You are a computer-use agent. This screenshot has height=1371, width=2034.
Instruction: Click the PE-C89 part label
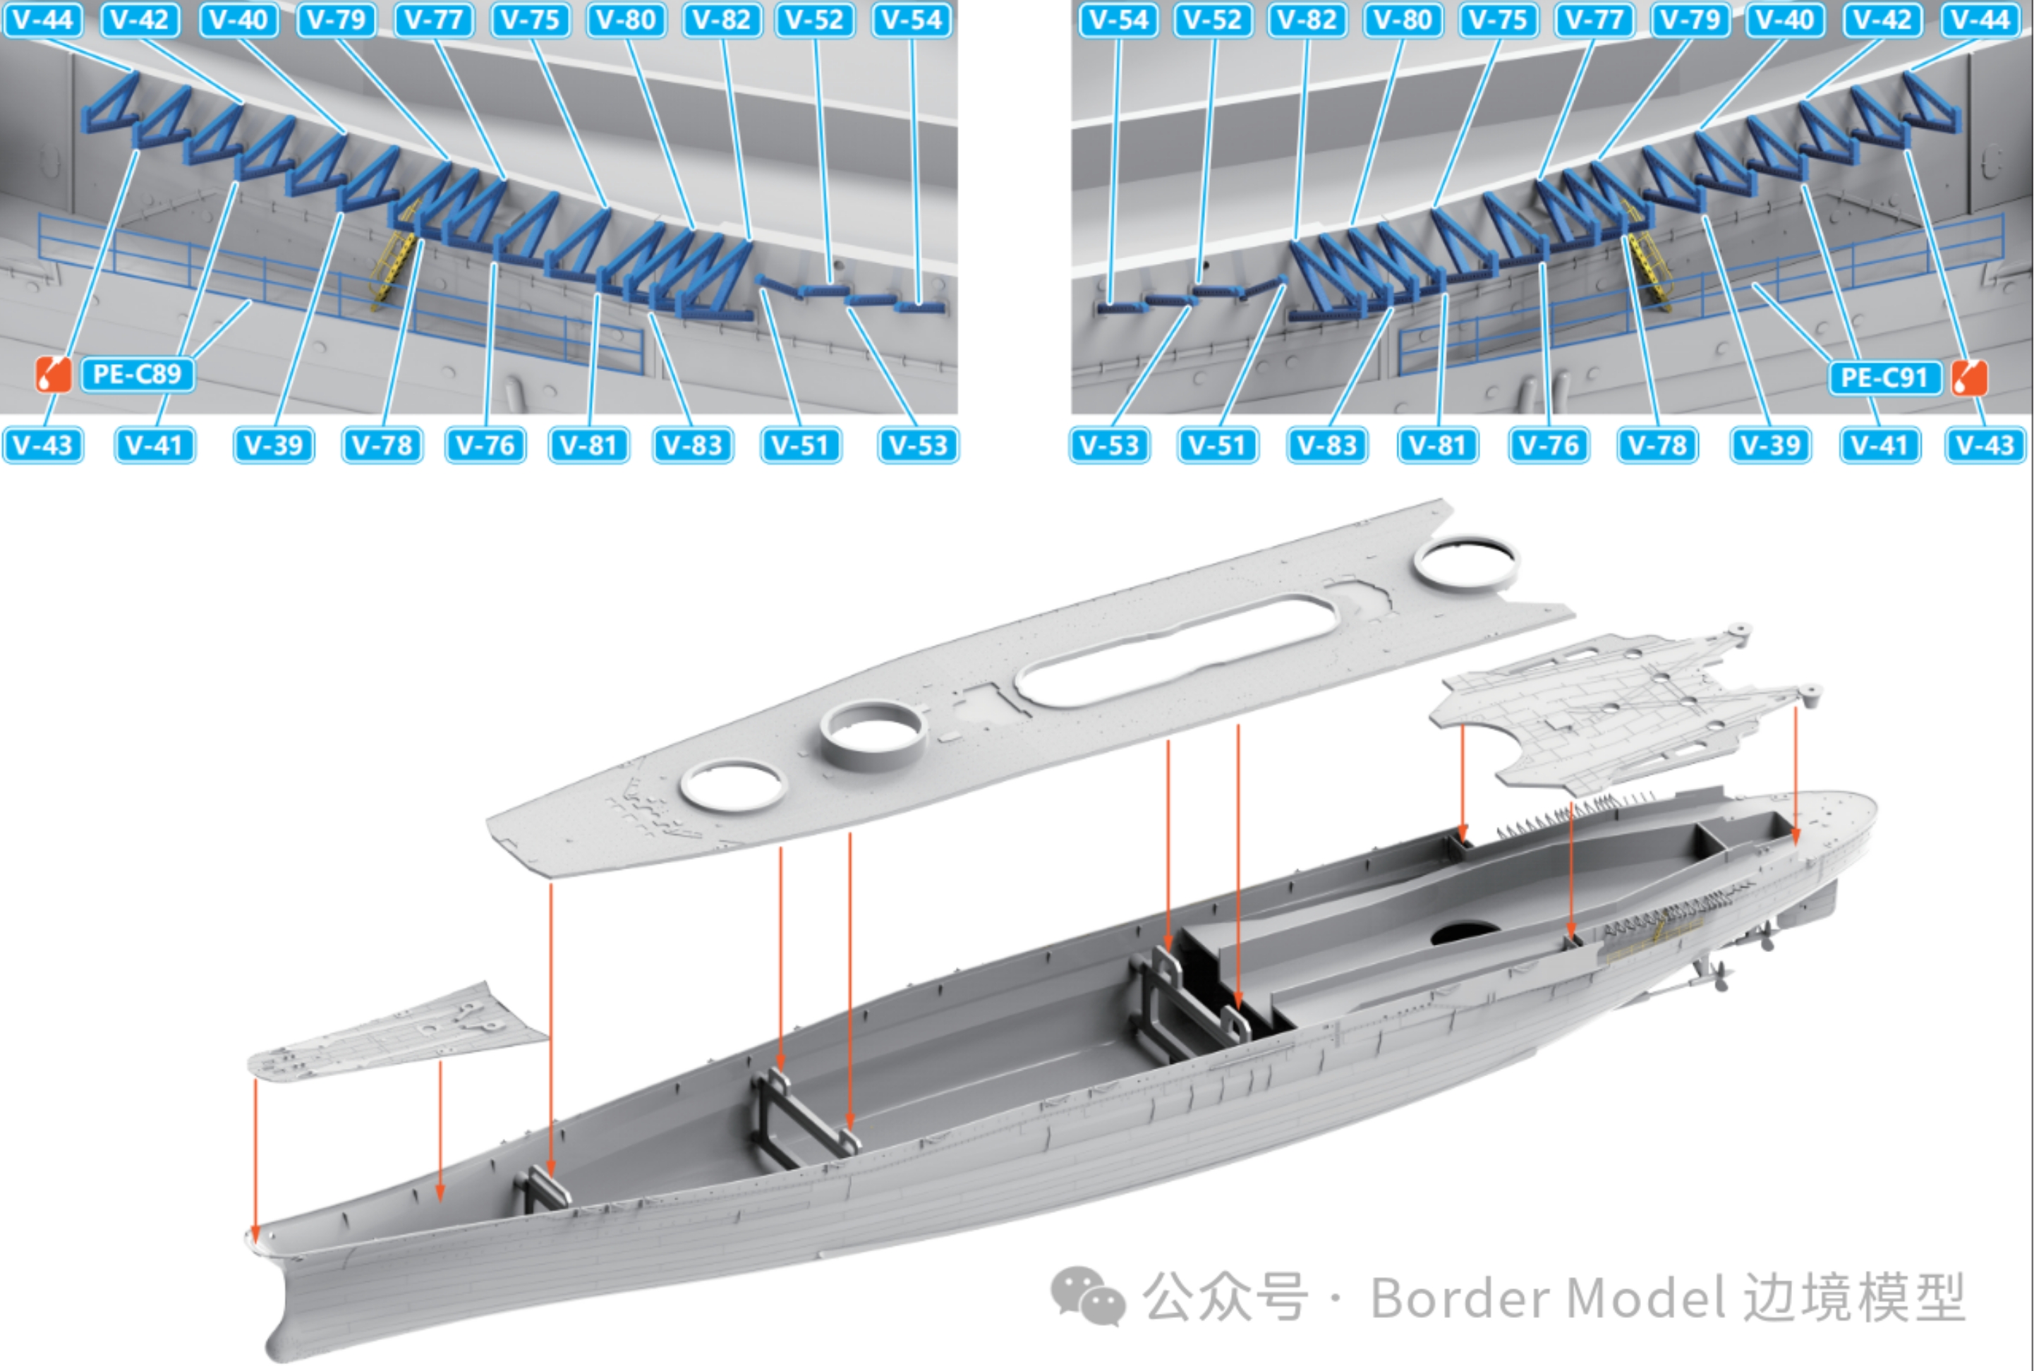pos(138,374)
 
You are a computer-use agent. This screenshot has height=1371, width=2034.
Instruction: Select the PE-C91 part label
pos(1884,378)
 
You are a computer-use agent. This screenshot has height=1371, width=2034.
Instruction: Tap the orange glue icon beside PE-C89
pos(54,374)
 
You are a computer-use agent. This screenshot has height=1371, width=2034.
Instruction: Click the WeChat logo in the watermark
pos(1087,1295)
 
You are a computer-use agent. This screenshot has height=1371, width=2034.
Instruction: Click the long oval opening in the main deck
pos(1175,651)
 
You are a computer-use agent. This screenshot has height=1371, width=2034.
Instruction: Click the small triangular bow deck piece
pos(398,1032)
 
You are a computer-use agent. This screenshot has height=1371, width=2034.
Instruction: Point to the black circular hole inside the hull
pos(1466,934)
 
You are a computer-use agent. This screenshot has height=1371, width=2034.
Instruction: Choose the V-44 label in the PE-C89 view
pos(43,19)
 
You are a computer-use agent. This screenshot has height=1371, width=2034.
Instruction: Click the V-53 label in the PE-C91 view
pos(1110,445)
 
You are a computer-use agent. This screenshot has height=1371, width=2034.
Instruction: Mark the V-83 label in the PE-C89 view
pos(693,445)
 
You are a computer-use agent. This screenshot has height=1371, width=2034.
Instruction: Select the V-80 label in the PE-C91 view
pos(1402,19)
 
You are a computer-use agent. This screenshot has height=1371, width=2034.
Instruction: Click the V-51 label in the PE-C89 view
pos(801,445)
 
